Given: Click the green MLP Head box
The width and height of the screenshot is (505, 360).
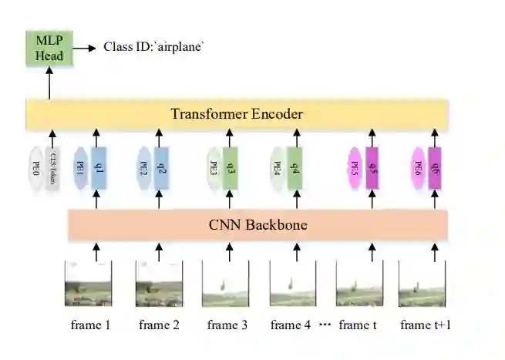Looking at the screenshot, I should click(x=49, y=48).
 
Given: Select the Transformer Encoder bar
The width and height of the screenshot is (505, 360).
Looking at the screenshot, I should click(x=237, y=115).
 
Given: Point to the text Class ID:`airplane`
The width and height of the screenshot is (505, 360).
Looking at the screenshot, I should click(x=154, y=48).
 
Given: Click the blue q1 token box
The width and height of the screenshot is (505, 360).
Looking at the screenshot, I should click(x=97, y=167).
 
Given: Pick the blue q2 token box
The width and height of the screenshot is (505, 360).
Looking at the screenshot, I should click(x=163, y=167).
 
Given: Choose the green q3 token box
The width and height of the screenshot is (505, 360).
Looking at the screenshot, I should click(x=230, y=167).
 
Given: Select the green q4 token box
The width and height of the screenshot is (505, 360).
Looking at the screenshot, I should click(x=297, y=167).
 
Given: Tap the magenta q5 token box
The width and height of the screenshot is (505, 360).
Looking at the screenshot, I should click(x=372, y=167).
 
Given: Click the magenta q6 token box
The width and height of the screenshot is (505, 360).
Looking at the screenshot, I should click(x=435, y=167).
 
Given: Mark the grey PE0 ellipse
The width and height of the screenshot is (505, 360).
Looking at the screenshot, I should click(x=35, y=167).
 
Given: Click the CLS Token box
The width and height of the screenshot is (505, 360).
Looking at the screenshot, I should click(x=52, y=167).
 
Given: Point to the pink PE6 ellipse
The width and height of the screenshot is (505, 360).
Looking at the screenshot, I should click(x=419, y=167).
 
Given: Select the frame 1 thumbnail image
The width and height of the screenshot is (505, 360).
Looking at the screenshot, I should click(x=87, y=284).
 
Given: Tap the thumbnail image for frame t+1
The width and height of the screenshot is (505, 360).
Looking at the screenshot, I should click(x=422, y=284).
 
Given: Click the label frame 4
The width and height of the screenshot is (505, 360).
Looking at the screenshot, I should click(x=290, y=325).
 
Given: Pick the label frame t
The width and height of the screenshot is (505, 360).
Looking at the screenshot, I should click(x=358, y=325).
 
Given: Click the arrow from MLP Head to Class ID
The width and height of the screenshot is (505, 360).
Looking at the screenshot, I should click(x=87, y=48).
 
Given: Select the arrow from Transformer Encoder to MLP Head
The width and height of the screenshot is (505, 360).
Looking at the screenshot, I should click(x=49, y=83).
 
